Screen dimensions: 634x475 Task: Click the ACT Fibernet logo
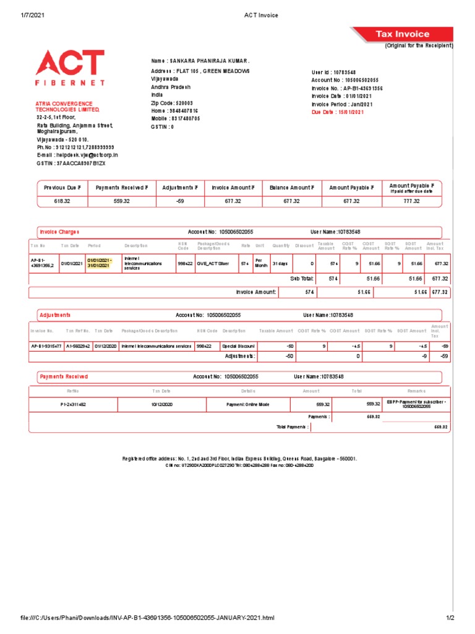point(69,68)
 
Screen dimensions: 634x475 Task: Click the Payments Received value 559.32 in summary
point(121,201)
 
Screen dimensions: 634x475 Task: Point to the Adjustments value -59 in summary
point(180,201)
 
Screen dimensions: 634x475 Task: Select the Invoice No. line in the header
point(346,89)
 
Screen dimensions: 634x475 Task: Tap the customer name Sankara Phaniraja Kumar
point(200,61)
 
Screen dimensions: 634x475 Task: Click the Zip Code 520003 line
point(172,103)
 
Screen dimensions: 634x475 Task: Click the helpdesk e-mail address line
point(77,155)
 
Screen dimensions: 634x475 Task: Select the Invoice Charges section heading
point(59,232)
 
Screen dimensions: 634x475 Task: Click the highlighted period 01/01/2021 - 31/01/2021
point(99,263)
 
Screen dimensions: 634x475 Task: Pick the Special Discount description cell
point(239,346)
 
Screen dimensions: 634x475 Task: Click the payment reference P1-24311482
point(73,404)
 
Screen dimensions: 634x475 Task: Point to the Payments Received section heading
point(64,376)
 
